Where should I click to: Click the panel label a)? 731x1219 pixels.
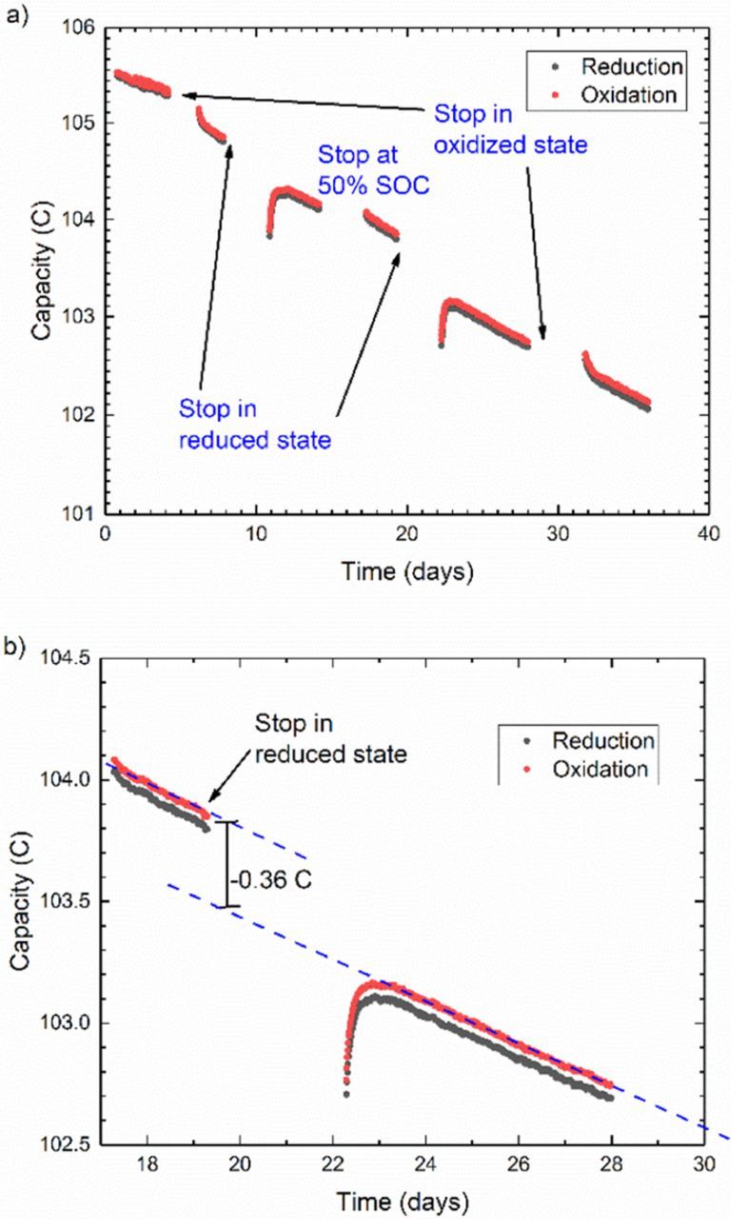15,17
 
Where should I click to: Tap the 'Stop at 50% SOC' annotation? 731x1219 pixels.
372,169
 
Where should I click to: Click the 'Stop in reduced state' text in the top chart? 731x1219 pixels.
254,424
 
